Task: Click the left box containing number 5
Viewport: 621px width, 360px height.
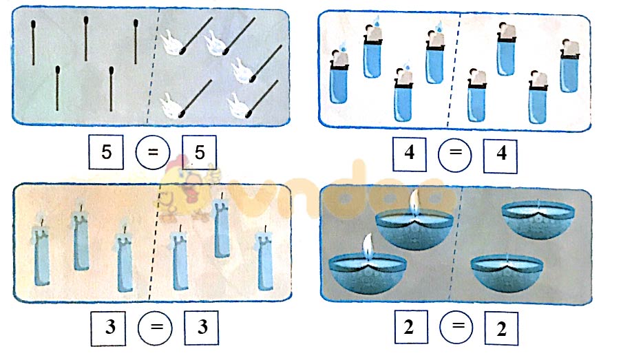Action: (107, 153)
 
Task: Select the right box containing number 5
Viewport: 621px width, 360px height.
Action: (200, 153)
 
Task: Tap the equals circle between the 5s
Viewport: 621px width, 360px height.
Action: (154, 153)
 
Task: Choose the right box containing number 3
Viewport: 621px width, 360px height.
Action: (202, 328)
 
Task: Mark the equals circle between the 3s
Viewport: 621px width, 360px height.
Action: (155, 328)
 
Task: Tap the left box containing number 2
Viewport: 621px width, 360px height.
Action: (409, 328)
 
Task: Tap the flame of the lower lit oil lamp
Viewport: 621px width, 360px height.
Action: (366, 245)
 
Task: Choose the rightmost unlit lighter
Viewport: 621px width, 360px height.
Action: (570, 67)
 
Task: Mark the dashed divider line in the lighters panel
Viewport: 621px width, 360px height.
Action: (454, 69)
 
